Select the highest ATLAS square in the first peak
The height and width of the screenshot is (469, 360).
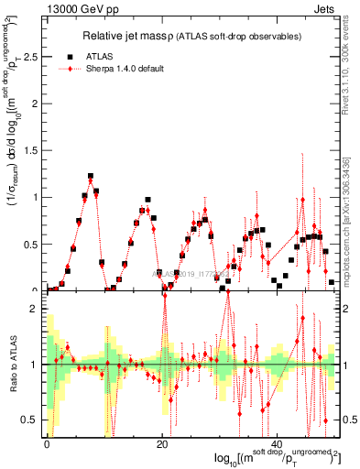[91, 176]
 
